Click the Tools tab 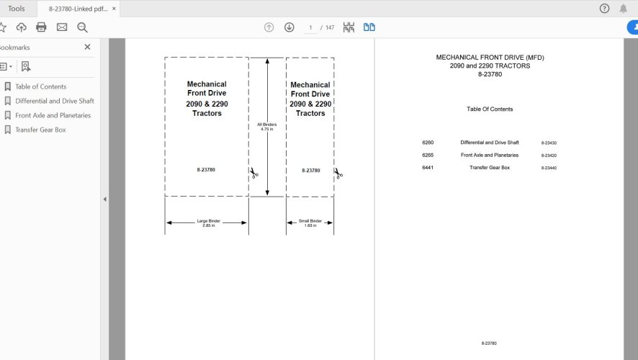point(16,9)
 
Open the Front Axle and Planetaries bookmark point(53,115)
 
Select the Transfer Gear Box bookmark point(40,130)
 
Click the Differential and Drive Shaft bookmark point(54,101)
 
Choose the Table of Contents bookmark point(40,86)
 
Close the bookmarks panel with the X point(87,47)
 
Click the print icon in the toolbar point(41,27)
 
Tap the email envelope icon point(62,27)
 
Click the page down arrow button point(289,27)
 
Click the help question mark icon point(604,9)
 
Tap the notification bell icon point(623,9)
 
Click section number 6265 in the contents point(428,155)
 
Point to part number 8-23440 point(549,168)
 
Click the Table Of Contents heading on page point(490,109)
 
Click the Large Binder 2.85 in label point(208,223)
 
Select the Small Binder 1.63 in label point(310,223)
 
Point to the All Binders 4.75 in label point(267,127)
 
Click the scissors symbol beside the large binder point(254,174)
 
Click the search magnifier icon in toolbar point(82,27)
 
